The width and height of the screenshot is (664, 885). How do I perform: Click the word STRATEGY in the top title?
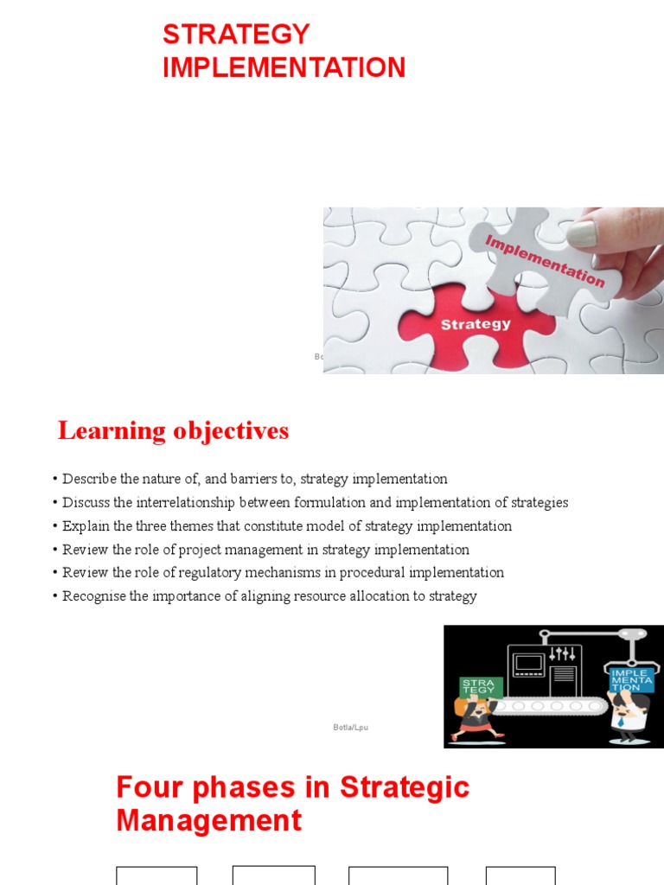coord(236,35)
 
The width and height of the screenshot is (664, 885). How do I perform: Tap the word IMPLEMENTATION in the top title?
coord(284,67)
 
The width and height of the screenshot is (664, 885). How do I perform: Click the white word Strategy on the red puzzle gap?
coord(476,325)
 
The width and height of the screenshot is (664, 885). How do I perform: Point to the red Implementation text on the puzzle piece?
coord(545,260)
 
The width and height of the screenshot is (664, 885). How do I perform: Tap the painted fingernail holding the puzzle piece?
coord(582,233)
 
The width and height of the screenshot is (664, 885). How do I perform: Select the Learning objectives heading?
coord(173,430)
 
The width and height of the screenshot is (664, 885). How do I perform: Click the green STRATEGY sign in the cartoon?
coord(477,687)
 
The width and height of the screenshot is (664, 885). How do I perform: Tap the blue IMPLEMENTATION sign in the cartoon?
coord(630,680)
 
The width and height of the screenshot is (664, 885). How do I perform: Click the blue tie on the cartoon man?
coord(622,719)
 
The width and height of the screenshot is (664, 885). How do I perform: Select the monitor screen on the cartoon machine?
coord(529,664)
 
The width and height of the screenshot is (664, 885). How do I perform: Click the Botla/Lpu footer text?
coord(350,728)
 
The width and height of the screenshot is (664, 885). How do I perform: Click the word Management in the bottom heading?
coord(209,820)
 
